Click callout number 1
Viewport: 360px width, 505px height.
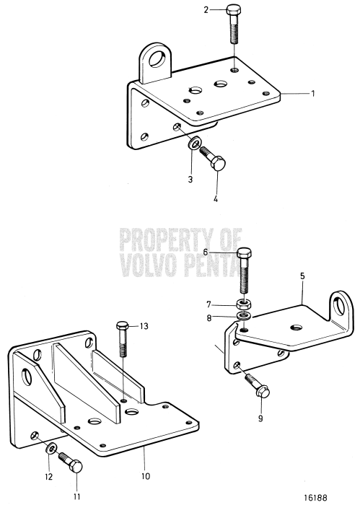click(313, 94)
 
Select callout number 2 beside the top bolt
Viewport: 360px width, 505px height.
click(206, 9)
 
